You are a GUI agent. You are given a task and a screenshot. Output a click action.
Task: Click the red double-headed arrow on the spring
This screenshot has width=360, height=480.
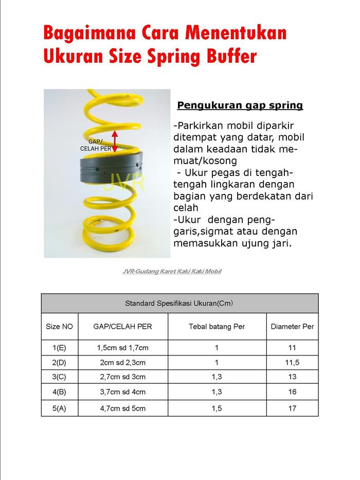(x=115, y=141)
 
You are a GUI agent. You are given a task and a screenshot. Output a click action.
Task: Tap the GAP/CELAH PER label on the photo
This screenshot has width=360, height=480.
(x=96, y=145)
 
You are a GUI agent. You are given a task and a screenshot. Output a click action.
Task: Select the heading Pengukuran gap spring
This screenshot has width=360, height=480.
(x=240, y=105)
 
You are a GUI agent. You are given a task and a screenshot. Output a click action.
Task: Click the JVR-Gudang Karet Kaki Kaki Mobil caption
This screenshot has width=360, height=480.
(x=172, y=271)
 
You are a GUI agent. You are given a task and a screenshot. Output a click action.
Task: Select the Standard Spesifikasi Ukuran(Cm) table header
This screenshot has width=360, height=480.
(x=179, y=303)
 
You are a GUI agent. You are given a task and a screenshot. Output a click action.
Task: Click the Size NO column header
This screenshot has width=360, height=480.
(x=60, y=327)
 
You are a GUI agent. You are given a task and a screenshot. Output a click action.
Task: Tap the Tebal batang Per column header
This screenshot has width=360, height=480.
(x=217, y=327)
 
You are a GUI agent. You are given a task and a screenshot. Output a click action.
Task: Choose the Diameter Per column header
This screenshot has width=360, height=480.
(x=292, y=327)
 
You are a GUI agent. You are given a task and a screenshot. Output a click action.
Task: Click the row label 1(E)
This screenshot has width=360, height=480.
(x=60, y=348)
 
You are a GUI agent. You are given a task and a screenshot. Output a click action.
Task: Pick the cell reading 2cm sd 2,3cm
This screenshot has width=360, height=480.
(x=122, y=362)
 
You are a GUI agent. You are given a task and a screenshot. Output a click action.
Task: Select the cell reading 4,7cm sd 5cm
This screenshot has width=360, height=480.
(x=122, y=408)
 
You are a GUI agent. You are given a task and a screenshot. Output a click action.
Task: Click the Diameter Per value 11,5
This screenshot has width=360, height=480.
(x=292, y=362)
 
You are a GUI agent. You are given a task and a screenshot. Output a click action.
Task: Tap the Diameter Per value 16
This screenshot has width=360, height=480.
(x=292, y=392)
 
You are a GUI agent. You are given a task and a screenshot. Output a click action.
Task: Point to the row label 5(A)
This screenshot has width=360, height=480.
(x=60, y=408)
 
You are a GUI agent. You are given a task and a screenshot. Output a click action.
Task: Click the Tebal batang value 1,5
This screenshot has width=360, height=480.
(x=217, y=408)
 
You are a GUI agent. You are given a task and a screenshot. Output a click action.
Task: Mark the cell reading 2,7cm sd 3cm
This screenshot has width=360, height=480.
(x=122, y=377)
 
